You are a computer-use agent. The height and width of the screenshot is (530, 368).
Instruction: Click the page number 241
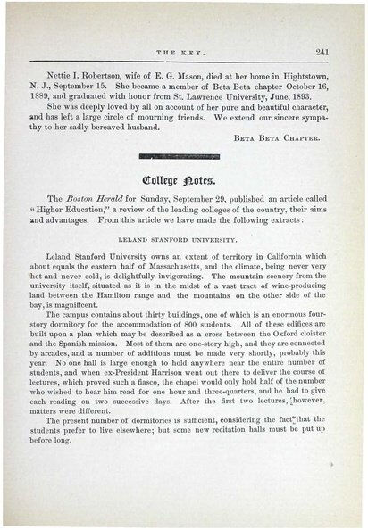(x=323, y=52)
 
